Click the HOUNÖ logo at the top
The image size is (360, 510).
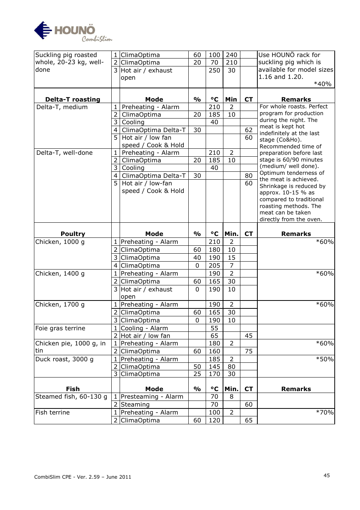[72, 32]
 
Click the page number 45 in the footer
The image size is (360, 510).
[326, 475]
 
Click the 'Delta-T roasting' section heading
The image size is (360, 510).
[72, 99]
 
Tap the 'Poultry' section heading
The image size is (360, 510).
[72, 234]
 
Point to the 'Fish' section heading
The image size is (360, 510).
[72, 389]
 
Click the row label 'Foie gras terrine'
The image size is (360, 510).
[60, 328]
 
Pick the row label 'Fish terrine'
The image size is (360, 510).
[52, 412]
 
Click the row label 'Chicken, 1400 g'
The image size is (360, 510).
[60, 273]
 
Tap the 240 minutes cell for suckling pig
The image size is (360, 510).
[231, 55]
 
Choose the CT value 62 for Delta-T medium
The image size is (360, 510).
[248, 130]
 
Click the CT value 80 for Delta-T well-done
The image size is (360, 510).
[248, 176]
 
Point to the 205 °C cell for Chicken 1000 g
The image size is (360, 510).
[214, 265]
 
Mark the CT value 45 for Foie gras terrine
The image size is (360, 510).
[248, 336]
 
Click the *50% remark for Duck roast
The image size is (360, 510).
[325, 359]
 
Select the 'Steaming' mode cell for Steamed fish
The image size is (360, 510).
[135, 404]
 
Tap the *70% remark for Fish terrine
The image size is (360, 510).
[325, 412]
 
